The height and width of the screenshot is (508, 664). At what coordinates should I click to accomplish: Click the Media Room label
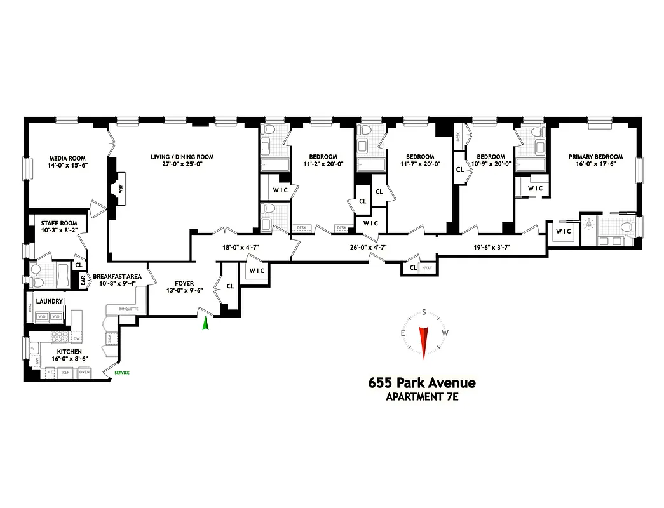click(x=67, y=158)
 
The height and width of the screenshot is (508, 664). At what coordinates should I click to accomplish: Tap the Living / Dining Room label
click(x=182, y=157)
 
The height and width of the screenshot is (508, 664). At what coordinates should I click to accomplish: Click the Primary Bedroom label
click(x=595, y=157)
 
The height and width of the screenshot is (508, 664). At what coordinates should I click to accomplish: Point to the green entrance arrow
click(x=205, y=323)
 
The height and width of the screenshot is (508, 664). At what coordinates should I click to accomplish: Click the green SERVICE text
click(x=122, y=373)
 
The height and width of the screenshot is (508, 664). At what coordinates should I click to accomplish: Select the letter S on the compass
click(x=424, y=312)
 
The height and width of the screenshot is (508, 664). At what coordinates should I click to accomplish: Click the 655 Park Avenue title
click(x=421, y=383)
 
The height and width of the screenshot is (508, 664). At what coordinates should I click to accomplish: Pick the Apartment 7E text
click(x=421, y=398)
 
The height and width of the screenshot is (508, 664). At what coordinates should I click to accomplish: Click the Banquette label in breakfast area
click(x=127, y=309)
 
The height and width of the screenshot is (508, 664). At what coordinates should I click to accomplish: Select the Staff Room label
click(x=59, y=224)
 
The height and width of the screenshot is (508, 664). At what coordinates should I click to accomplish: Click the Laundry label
click(x=48, y=301)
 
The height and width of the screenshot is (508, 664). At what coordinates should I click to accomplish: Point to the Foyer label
click(x=180, y=284)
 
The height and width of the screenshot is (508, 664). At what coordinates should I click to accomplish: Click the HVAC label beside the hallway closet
click(x=426, y=267)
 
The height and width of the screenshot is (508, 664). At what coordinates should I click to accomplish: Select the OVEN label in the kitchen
click(x=84, y=373)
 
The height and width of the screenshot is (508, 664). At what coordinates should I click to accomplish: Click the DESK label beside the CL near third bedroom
click(x=459, y=137)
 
